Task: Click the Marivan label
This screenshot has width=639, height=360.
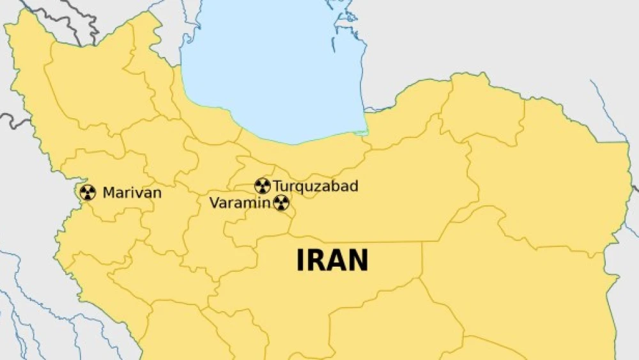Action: pos(132,192)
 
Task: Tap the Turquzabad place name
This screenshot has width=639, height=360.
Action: pos(316,187)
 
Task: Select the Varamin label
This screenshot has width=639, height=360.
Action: pos(240,203)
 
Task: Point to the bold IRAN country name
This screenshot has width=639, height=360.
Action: pos(332,260)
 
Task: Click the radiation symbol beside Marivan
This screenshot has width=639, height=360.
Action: pos(88,192)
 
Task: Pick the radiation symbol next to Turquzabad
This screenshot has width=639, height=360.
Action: pos(262,186)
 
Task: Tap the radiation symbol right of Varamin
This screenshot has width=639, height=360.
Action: pos(281,203)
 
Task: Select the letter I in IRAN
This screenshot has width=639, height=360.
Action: pos(300,260)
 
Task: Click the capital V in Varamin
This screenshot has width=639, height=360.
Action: pos(215,203)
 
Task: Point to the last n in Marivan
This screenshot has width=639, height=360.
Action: pos(157,193)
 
